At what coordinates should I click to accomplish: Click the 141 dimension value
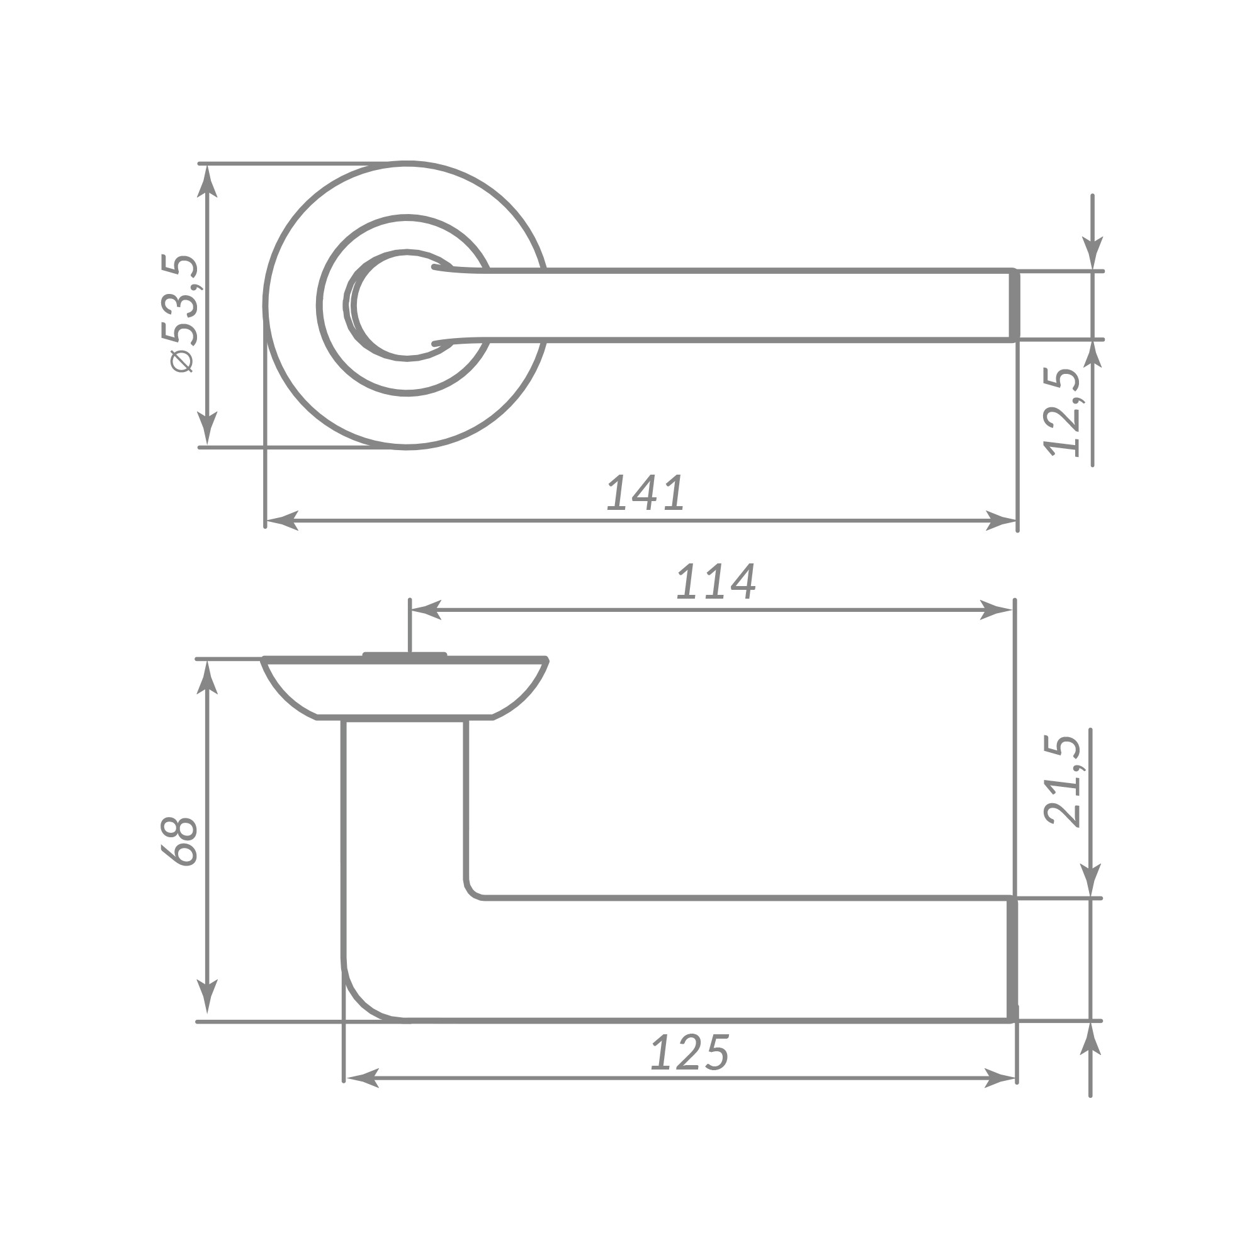coord(645,494)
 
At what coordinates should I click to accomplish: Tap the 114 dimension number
coord(716,582)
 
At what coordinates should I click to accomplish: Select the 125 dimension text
coord(689,1053)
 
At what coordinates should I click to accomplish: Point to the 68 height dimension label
coord(179,840)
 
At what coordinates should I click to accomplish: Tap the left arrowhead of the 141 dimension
coord(281,521)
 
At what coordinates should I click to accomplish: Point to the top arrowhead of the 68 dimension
coord(207,678)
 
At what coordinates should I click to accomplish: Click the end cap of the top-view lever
coord(1013,305)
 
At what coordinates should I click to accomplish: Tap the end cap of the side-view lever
coord(1012,959)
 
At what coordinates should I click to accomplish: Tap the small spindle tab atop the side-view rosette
coord(405,654)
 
